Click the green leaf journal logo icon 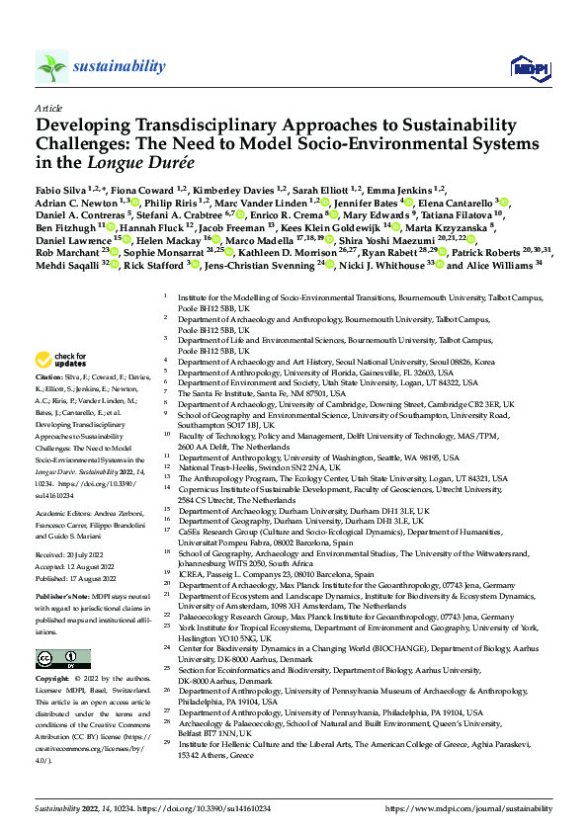[51, 67]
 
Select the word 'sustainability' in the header [119, 66]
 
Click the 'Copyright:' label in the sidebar [53, 653]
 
